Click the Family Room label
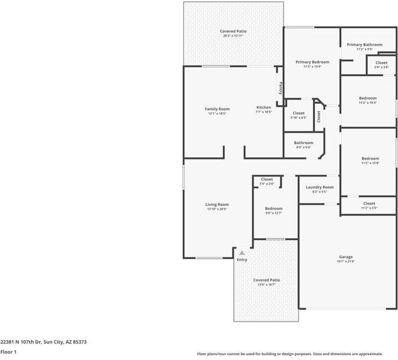(x=217, y=109)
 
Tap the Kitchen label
(x=264, y=107)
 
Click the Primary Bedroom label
(x=312, y=62)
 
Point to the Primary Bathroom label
(x=364, y=44)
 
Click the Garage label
(x=346, y=257)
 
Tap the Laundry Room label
(x=319, y=187)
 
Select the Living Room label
(x=217, y=205)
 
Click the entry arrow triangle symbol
(x=242, y=253)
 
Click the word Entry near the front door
(x=242, y=260)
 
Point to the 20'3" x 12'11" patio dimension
(x=233, y=36)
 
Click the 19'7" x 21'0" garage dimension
(x=346, y=262)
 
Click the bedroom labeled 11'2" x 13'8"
(x=370, y=160)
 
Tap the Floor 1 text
(x=8, y=352)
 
